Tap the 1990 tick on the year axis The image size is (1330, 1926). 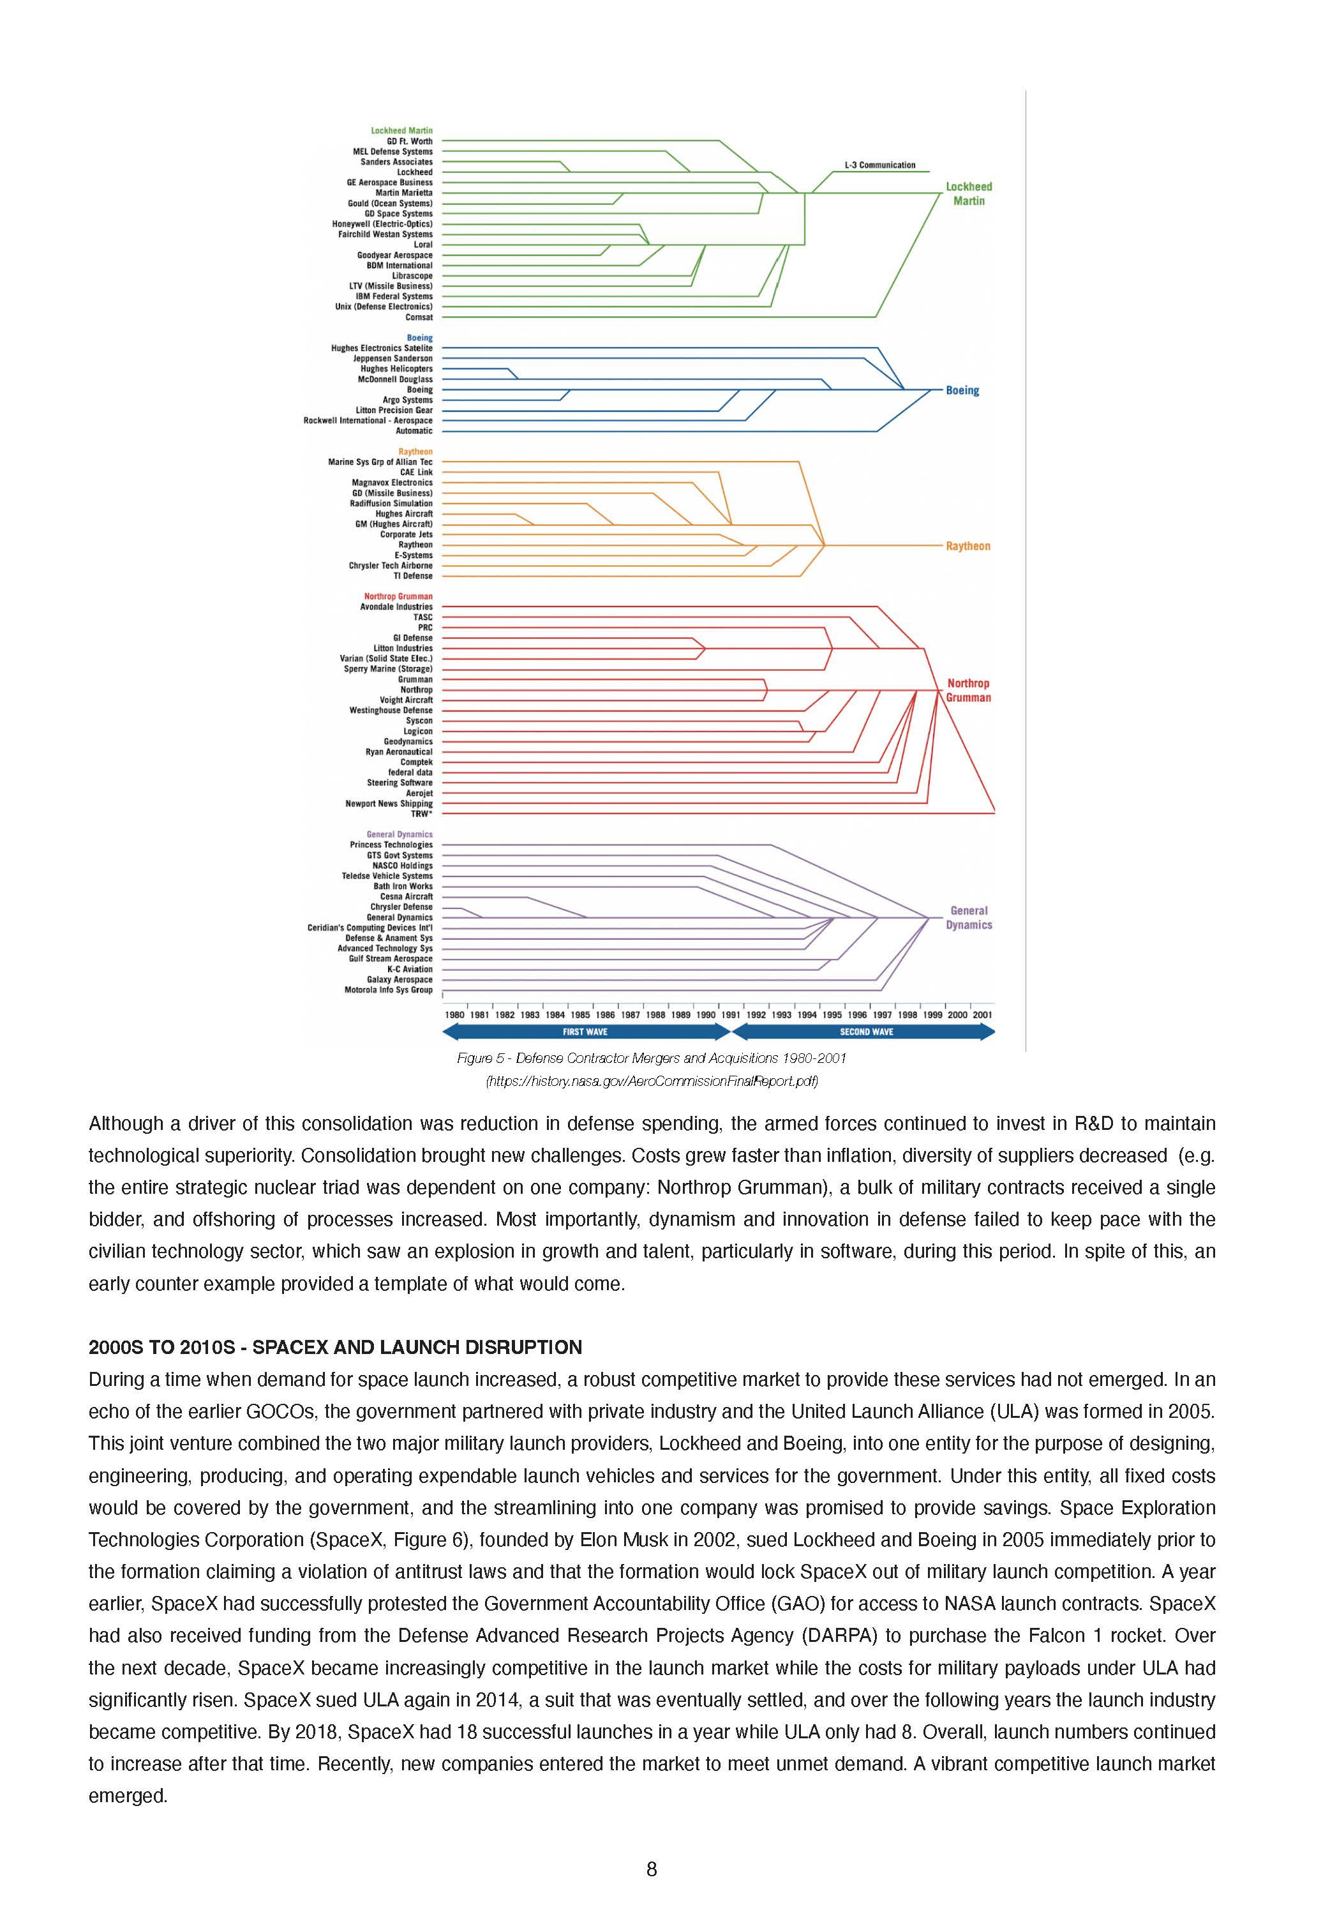706,1015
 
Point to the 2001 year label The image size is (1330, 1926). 982,1015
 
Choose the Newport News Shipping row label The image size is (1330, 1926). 389,803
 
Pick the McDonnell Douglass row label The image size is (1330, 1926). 395,379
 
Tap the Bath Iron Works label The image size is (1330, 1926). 403,886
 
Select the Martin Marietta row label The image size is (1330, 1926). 403,193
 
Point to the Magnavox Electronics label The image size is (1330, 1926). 392,483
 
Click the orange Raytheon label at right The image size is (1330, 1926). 968,546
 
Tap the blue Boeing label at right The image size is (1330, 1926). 962,390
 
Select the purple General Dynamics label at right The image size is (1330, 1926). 968,917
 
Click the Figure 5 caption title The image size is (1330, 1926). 651,1058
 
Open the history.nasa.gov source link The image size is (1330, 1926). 651,1081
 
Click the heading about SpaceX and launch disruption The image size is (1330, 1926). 335,1347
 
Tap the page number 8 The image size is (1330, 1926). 651,1869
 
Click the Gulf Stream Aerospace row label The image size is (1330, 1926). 390,958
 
